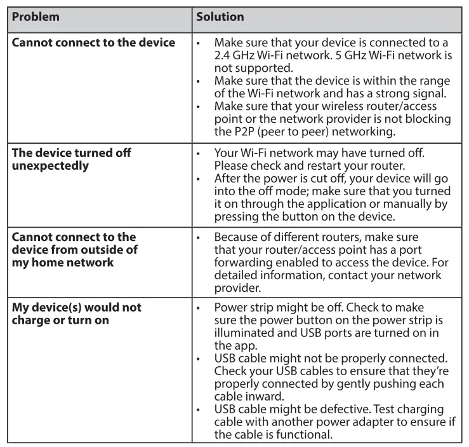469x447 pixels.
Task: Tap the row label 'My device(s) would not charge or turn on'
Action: tap(76, 313)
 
